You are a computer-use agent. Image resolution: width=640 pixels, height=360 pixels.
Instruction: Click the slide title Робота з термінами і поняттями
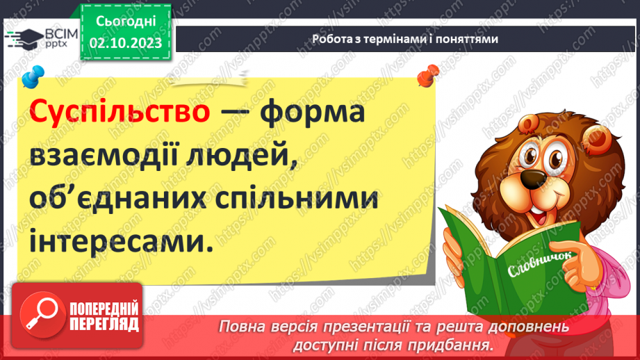click(405, 40)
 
